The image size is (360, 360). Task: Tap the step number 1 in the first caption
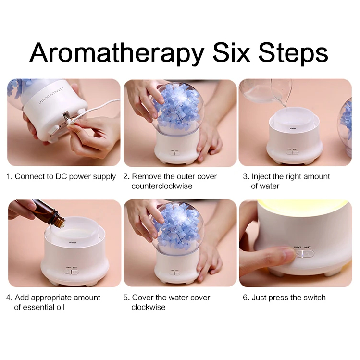pos(9,176)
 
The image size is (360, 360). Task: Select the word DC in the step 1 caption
pos(61,176)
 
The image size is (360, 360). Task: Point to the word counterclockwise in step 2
pos(162,186)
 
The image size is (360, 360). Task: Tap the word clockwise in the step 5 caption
pos(149,307)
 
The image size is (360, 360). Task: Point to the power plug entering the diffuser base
pos(69,118)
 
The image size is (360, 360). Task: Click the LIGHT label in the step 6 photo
pos(298,247)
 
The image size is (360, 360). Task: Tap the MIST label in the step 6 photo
pos(308,247)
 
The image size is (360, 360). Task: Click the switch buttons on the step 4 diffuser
pos(72,272)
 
